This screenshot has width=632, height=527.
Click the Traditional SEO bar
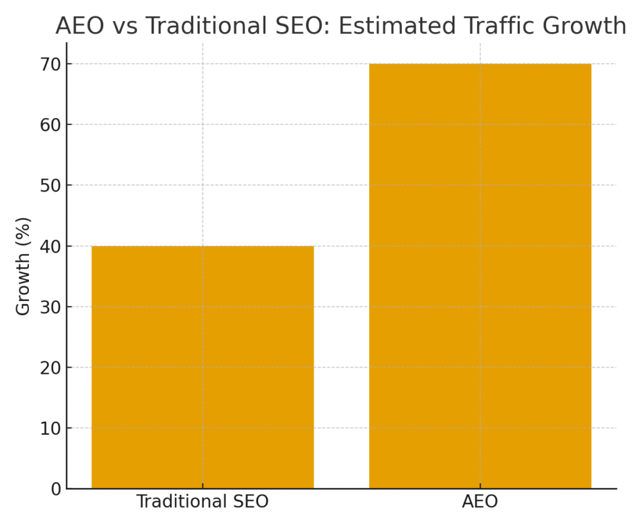202,367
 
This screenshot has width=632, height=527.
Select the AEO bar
480,276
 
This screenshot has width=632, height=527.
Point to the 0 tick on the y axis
56,489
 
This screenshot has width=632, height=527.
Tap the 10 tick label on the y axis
51,428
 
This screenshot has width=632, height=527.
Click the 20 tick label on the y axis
51,368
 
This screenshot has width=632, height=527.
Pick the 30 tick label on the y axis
51,307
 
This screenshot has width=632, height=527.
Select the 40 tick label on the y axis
51,247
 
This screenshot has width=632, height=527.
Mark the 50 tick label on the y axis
51,185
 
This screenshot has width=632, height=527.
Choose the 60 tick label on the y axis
51,125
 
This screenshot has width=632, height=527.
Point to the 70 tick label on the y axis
51,64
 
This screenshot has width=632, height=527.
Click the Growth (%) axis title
23,266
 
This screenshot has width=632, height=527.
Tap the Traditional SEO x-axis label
202,502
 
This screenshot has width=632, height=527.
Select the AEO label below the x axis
480,502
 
